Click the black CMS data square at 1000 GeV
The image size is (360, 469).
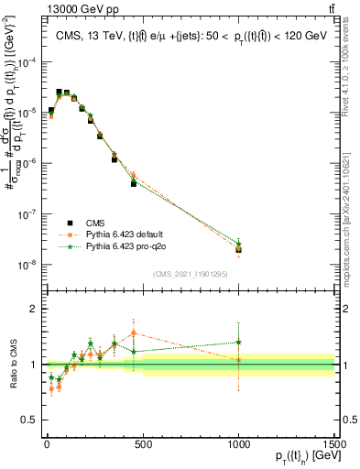238,249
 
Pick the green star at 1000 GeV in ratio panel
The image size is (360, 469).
238,343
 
